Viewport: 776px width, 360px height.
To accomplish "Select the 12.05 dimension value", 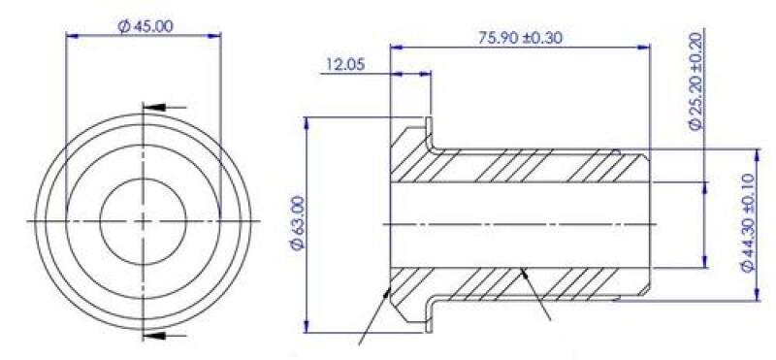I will tap(344, 65).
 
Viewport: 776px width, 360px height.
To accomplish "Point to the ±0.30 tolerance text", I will tap(543, 38).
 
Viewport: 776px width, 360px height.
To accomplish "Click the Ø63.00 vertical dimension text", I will tap(298, 224).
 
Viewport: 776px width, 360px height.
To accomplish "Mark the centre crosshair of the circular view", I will tap(143, 221).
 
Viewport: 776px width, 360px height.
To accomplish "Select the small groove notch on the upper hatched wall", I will tap(617, 150).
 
